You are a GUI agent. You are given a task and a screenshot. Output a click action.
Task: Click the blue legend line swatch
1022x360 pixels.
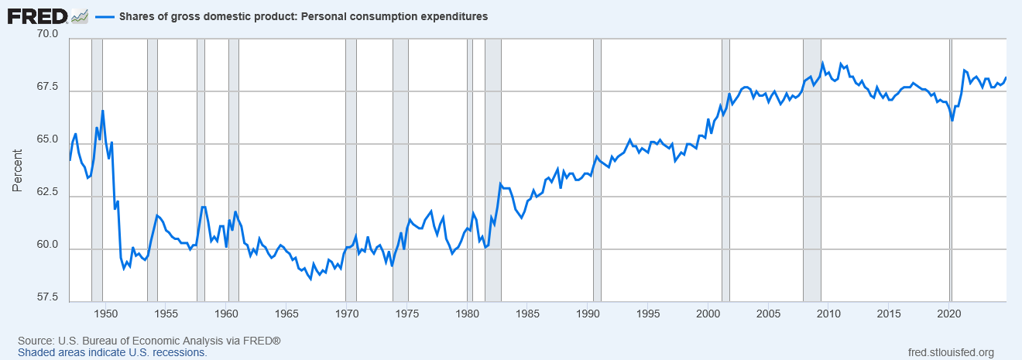pyautogui.click(x=103, y=16)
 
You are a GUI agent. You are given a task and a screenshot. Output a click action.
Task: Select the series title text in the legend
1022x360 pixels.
pyautogui.click(x=303, y=16)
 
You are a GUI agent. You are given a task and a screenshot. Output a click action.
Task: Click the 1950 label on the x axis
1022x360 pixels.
pyautogui.click(x=106, y=314)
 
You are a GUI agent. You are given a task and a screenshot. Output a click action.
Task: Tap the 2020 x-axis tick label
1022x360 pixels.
pyautogui.click(x=949, y=314)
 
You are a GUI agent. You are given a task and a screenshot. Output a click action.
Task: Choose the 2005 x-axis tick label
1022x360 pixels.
pyautogui.click(x=768, y=314)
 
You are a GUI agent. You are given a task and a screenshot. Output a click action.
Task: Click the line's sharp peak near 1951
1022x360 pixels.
pyautogui.click(x=102, y=111)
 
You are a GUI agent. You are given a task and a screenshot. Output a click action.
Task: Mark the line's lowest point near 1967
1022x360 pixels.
pyautogui.click(x=310, y=279)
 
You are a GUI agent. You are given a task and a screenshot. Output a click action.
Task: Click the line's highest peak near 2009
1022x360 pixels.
pyautogui.click(x=823, y=63)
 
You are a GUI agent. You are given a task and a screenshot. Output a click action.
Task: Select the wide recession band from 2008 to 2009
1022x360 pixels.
pyautogui.click(x=812, y=170)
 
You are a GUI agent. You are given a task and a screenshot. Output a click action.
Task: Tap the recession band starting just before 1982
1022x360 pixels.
pyautogui.click(x=493, y=170)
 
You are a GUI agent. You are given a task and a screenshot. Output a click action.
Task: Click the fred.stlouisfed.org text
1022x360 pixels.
pyautogui.click(x=950, y=352)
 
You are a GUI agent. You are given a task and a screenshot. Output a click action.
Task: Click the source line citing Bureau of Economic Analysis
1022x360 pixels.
pyautogui.click(x=149, y=341)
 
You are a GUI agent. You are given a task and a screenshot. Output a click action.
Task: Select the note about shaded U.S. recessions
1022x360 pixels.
pyautogui.click(x=112, y=352)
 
